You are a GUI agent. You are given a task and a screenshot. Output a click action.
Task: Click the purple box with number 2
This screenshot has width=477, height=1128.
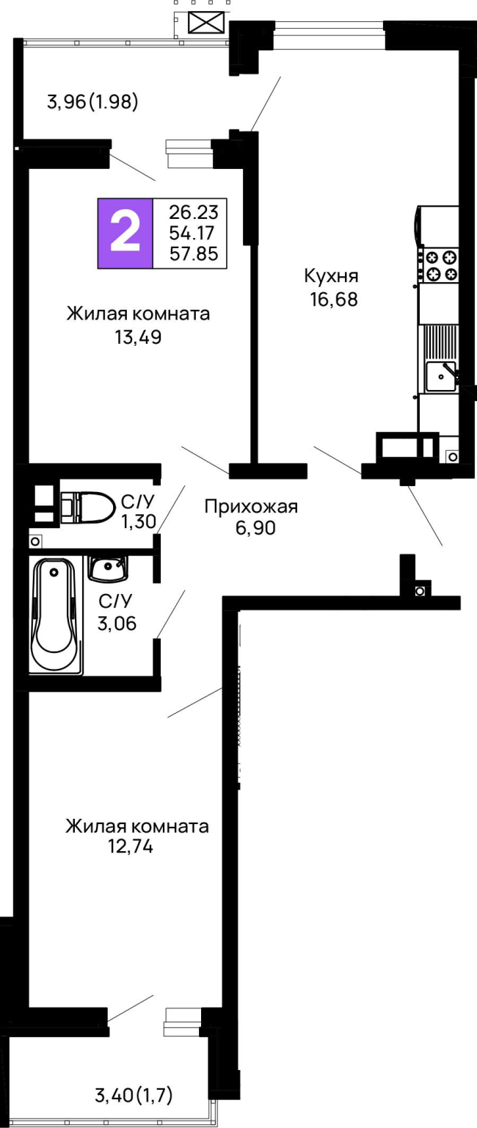click(125, 233)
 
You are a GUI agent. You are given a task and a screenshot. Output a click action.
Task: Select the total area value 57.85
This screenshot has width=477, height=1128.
click(194, 254)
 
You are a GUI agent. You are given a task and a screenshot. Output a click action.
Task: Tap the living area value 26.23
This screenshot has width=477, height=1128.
click(194, 212)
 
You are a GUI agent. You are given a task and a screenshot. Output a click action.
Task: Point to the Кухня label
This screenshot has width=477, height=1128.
click(331, 276)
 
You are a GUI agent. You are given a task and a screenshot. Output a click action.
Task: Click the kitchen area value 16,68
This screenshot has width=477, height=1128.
click(334, 299)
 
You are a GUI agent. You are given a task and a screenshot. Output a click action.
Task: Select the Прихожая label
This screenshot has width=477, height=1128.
click(251, 507)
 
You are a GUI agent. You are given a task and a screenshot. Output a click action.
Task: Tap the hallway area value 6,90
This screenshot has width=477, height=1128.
click(255, 528)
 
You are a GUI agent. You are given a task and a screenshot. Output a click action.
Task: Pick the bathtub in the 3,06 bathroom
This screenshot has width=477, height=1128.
click(56, 616)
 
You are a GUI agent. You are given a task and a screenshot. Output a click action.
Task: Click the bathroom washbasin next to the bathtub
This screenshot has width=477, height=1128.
click(108, 568)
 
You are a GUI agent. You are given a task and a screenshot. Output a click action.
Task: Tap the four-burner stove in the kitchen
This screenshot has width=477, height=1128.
click(440, 265)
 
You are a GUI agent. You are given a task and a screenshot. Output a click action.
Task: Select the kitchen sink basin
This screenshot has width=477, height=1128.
click(440, 376)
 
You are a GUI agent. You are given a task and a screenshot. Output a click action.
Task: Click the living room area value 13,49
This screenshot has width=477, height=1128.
click(139, 337)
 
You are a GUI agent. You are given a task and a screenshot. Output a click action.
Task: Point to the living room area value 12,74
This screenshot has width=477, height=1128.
click(131, 846)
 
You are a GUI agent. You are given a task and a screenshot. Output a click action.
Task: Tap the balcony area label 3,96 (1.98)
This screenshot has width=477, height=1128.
click(92, 102)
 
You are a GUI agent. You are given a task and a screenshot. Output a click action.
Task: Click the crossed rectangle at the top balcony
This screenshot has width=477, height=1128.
click(206, 22)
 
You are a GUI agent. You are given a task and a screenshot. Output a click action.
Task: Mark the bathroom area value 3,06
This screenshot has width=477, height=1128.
click(117, 623)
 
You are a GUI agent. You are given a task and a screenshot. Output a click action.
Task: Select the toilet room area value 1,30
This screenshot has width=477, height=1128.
click(139, 521)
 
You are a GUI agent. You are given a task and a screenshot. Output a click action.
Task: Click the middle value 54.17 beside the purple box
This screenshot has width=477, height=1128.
click(192, 233)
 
